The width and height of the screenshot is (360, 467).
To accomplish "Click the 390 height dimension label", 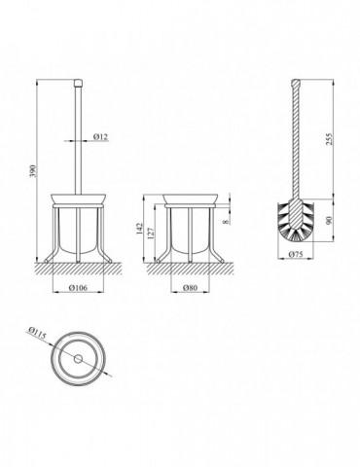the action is (33, 170).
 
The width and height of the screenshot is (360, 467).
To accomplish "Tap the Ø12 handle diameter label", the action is (100, 137).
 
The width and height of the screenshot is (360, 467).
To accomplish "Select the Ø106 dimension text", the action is (78, 288).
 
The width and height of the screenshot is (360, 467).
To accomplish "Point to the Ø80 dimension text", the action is (190, 288).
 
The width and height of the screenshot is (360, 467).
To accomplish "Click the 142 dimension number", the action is (140, 229).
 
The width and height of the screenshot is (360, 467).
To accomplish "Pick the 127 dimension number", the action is (151, 233).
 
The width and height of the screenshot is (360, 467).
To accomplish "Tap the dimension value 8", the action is (226, 222).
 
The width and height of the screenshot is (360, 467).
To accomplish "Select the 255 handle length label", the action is (330, 139).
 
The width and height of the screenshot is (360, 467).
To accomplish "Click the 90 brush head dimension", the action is (330, 221).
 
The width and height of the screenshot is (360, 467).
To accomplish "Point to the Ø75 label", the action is (296, 254).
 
